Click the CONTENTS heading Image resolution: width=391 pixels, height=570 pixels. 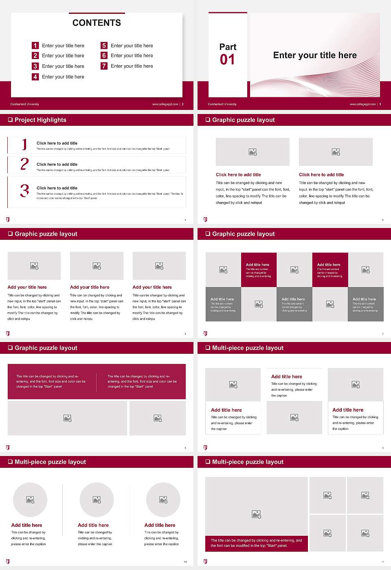(x=97, y=23)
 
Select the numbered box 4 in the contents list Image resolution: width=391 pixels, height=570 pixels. (x=35, y=77)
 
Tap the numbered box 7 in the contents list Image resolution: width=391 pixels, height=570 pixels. (x=104, y=66)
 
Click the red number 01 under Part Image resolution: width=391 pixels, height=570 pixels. (x=227, y=60)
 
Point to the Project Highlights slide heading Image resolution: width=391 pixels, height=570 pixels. (x=40, y=120)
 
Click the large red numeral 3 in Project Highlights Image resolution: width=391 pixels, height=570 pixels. (x=24, y=191)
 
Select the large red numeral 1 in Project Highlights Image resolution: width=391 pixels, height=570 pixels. (x=24, y=144)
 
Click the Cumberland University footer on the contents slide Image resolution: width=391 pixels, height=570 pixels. (x=25, y=104)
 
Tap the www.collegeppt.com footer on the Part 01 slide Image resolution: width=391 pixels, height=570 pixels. (x=362, y=104)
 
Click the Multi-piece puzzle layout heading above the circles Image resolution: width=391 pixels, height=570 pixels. (x=50, y=462)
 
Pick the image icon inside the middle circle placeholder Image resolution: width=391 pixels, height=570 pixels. (x=97, y=500)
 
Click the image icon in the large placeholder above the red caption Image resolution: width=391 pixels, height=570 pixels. (x=256, y=514)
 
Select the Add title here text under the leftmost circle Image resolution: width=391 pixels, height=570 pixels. (x=27, y=525)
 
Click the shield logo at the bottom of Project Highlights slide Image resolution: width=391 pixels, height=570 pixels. (x=8, y=219)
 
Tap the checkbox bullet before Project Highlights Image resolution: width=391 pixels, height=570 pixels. (x=10, y=120)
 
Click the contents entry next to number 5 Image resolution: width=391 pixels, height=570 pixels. (x=132, y=46)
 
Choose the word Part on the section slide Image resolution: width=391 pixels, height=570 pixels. (x=228, y=47)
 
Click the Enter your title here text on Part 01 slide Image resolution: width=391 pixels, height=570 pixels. (x=315, y=55)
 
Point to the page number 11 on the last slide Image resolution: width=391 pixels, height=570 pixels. (x=382, y=562)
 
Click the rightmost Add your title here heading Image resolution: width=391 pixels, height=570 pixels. (x=152, y=287)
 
